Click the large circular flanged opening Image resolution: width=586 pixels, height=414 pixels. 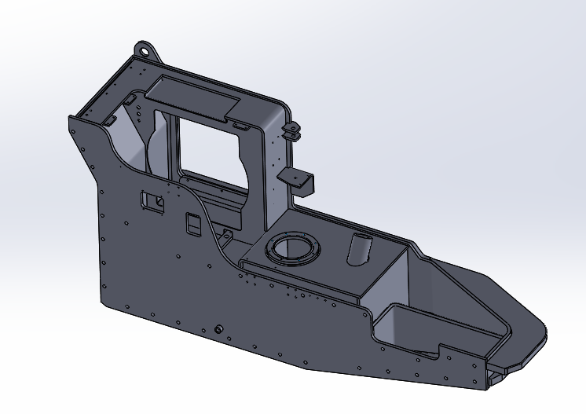(294, 249)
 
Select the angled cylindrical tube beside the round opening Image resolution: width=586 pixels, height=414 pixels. (359, 249)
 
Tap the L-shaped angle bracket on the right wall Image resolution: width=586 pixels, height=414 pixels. (300, 178)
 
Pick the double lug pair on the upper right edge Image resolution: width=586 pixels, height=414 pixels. (292, 130)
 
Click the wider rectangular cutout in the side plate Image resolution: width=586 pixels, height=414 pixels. (152, 201)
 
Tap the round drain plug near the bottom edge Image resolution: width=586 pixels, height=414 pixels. (219, 328)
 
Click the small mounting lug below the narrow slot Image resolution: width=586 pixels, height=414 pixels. (225, 234)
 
